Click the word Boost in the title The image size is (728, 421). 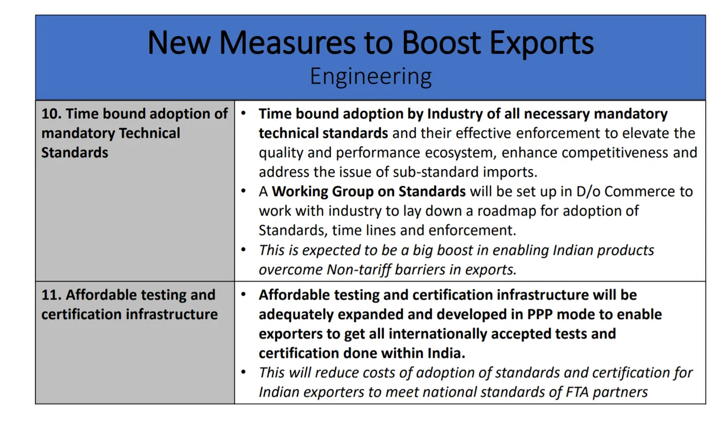(441, 42)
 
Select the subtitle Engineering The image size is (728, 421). (371, 77)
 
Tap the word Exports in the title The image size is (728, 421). (542, 43)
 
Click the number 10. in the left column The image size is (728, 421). (51, 114)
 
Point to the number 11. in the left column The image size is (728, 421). (51, 295)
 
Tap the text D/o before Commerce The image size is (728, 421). (588, 192)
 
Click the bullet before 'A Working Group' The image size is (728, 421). (243, 191)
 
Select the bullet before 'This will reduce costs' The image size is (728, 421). (243, 372)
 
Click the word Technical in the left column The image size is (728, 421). (150, 133)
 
